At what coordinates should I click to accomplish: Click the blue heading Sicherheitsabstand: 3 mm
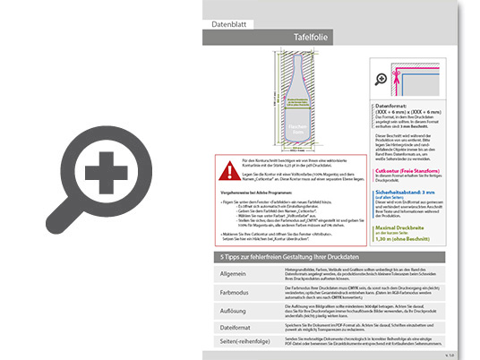click(x=413, y=191)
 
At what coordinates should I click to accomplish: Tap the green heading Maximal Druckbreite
click(x=410, y=228)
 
